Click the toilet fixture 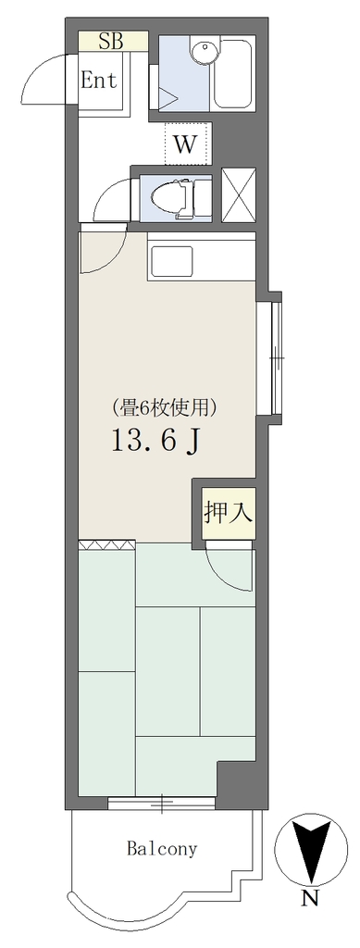pos(171,198)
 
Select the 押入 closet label pos(227,513)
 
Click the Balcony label pos(162,849)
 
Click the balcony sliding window pos(161,804)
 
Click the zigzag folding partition pos(106,544)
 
